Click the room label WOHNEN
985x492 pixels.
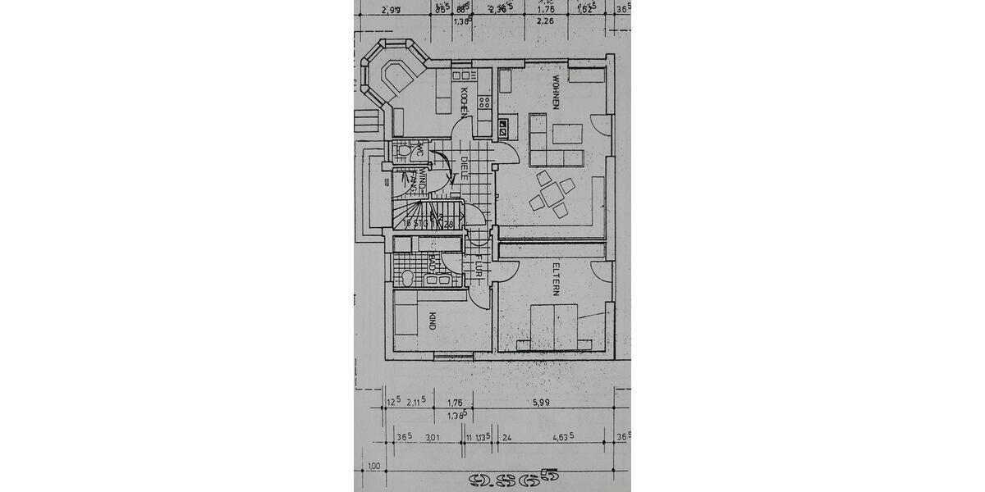[x=557, y=94]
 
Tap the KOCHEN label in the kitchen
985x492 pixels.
[x=465, y=101]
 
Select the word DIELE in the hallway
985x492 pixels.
[x=464, y=170]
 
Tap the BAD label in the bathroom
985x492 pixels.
[x=432, y=262]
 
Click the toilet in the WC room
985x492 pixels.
[x=401, y=152]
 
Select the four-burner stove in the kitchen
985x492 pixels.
[x=484, y=103]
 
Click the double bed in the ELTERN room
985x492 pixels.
[x=554, y=325]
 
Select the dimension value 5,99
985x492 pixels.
[x=540, y=402]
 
